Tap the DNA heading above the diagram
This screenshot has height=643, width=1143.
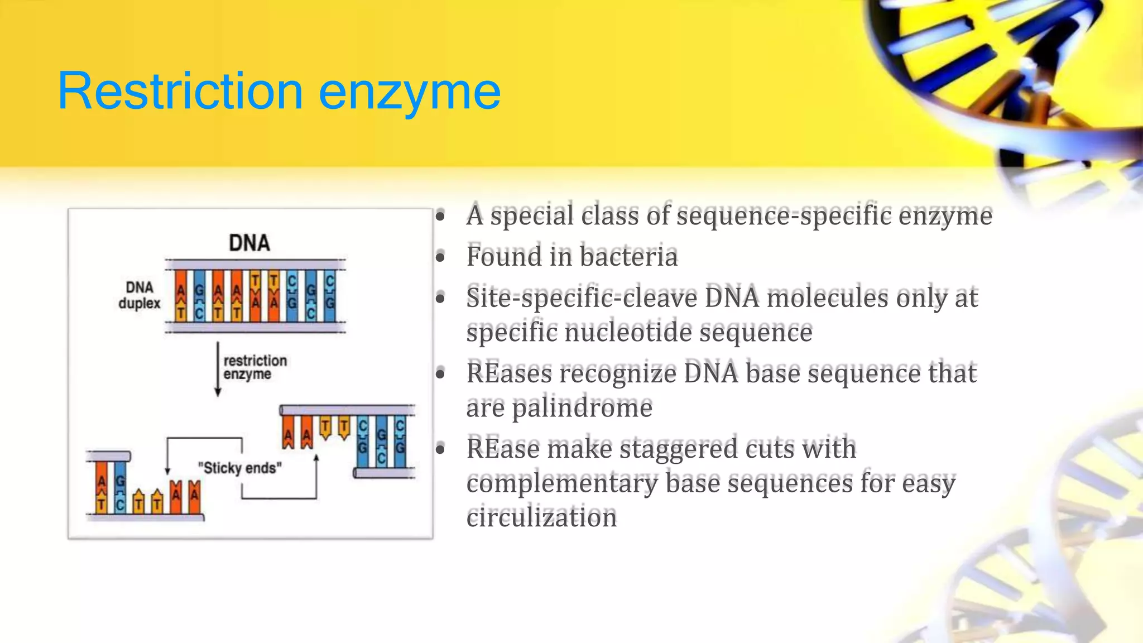coord(249,243)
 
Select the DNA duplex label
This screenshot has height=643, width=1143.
coord(139,295)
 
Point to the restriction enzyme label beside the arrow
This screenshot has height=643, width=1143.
coord(254,367)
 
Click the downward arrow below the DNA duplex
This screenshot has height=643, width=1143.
coord(218,368)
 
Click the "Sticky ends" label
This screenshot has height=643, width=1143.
coord(240,468)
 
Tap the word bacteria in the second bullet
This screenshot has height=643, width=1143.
coord(628,257)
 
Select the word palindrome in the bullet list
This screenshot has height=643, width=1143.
coord(582,407)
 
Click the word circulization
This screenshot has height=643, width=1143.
coord(541,517)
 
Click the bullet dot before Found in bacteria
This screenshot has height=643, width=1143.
coord(441,257)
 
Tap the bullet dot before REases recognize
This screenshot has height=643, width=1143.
coord(441,373)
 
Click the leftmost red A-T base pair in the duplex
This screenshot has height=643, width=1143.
coord(181,296)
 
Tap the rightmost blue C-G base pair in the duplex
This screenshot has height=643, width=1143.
coord(330,296)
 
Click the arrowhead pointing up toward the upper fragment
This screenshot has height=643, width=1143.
coord(316,459)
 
